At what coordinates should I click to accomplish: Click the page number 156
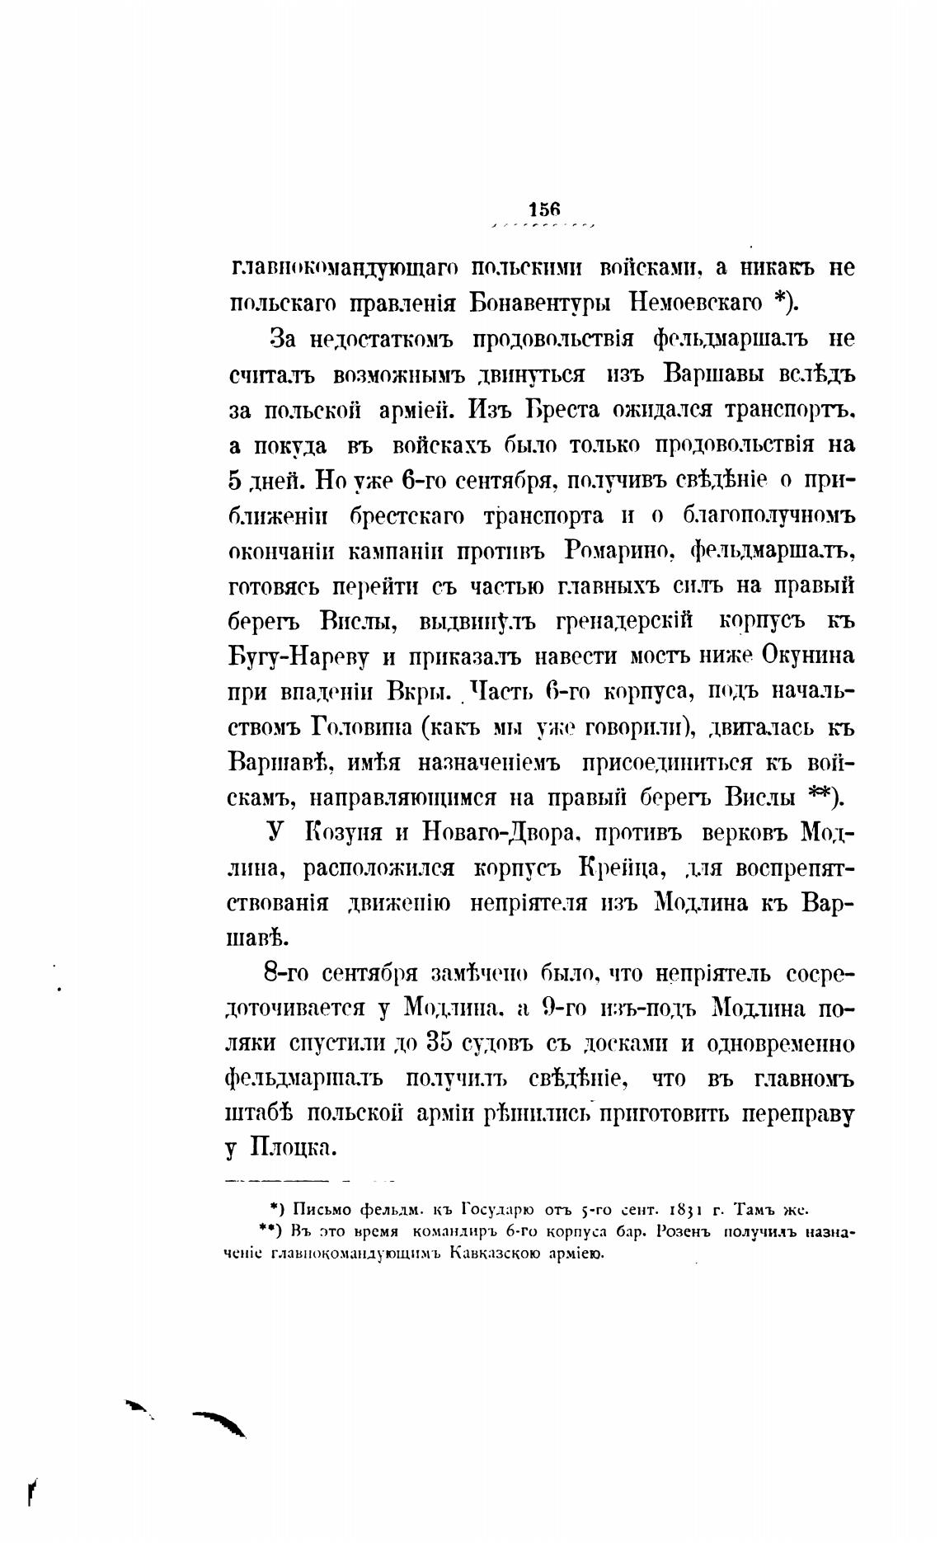coord(544,209)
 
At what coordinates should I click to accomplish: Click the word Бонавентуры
coord(540,303)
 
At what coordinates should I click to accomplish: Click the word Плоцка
coord(289,1150)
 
